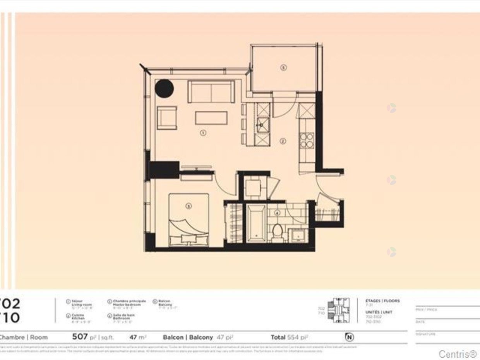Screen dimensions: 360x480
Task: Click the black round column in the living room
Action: point(164,89)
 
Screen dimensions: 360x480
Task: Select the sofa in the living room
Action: point(211,92)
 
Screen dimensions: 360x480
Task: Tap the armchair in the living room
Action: point(167,118)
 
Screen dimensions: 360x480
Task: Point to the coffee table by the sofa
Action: point(211,118)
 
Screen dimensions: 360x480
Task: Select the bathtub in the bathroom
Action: point(256,223)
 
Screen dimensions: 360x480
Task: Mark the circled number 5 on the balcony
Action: point(283,67)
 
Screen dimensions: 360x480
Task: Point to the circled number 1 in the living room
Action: point(203,133)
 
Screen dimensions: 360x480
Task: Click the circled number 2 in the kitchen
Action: point(283,141)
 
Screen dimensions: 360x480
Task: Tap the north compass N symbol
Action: point(350,337)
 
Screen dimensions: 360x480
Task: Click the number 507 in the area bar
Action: point(80,336)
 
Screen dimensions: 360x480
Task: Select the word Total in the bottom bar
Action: point(278,337)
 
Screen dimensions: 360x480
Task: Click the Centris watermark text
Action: point(457,353)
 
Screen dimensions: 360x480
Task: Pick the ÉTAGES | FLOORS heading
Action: point(382,301)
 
